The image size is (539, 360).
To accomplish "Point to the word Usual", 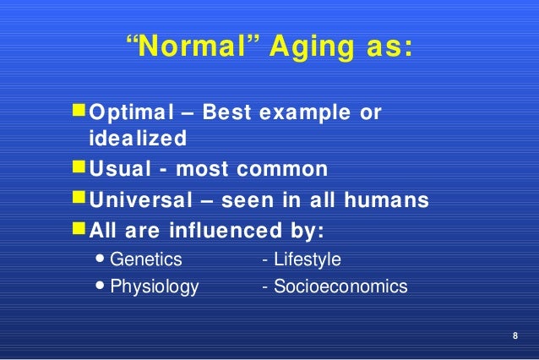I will pos(118,169).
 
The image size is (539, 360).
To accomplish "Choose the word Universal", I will pos(144,200).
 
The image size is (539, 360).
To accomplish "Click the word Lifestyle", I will pos(306,259).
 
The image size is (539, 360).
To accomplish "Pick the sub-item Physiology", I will pos(155,286).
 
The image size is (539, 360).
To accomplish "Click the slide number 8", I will pos(516,338).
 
